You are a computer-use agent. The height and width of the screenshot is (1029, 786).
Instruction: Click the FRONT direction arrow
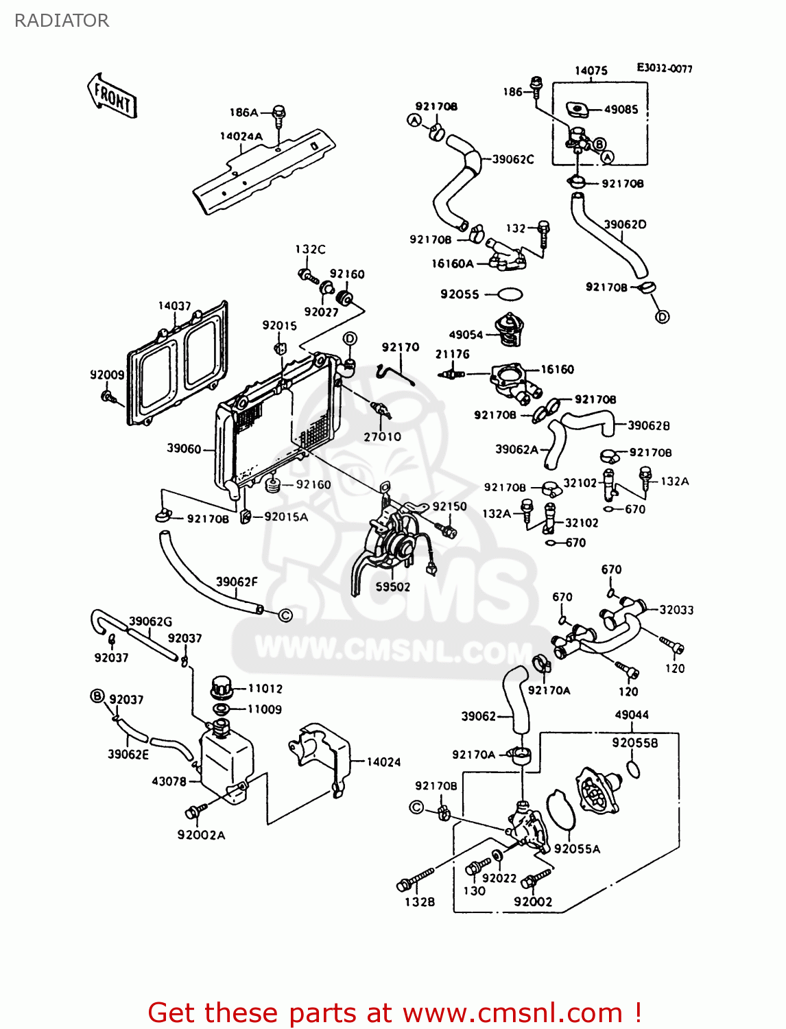112,96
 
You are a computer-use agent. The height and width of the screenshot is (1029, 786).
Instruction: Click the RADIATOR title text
62,21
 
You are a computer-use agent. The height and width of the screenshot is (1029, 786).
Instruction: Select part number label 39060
184,449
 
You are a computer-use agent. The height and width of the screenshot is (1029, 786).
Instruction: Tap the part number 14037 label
174,306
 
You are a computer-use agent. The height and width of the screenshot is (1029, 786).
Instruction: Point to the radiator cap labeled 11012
221,687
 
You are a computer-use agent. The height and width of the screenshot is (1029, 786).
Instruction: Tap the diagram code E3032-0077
664,69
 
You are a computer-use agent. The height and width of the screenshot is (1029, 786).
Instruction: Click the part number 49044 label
632,715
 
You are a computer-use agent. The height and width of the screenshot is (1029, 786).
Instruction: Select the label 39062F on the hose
237,582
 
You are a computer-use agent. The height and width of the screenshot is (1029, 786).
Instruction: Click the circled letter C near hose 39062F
285,615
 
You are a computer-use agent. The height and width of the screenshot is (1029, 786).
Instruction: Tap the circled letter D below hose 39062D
662,317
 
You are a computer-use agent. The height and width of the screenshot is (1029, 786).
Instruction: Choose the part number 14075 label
591,71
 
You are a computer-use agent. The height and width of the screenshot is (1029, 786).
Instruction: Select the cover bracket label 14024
383,762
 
